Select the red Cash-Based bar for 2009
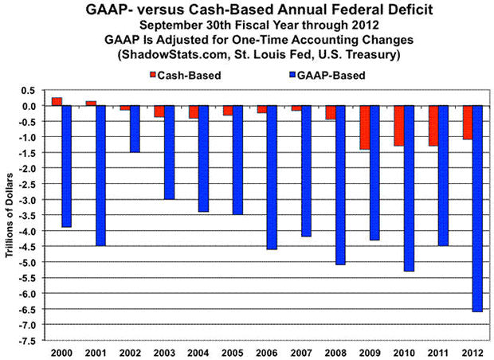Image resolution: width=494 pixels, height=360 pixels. point(365,127)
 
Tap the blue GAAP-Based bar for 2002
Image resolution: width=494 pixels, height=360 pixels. point(135,129)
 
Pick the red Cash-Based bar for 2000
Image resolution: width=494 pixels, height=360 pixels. point(57,101)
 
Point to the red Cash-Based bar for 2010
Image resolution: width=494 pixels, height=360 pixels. point(398,126)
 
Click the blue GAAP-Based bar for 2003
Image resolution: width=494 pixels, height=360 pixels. point(169,152)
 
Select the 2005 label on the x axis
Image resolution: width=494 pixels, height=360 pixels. point(233,351)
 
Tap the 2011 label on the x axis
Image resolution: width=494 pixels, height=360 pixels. point(437,351)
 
